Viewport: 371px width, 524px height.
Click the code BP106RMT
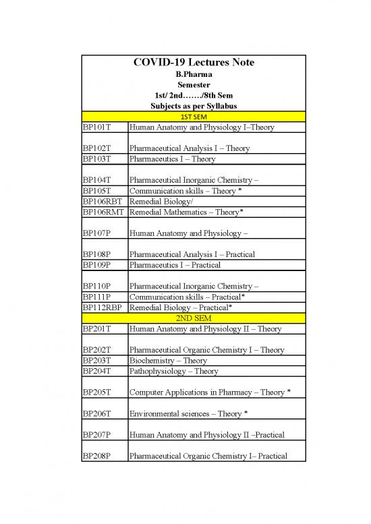click(x=103, y=212)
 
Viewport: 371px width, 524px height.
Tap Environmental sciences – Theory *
click(x=190, y=413)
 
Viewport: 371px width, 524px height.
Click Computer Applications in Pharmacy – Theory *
click(x=210, y=392)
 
